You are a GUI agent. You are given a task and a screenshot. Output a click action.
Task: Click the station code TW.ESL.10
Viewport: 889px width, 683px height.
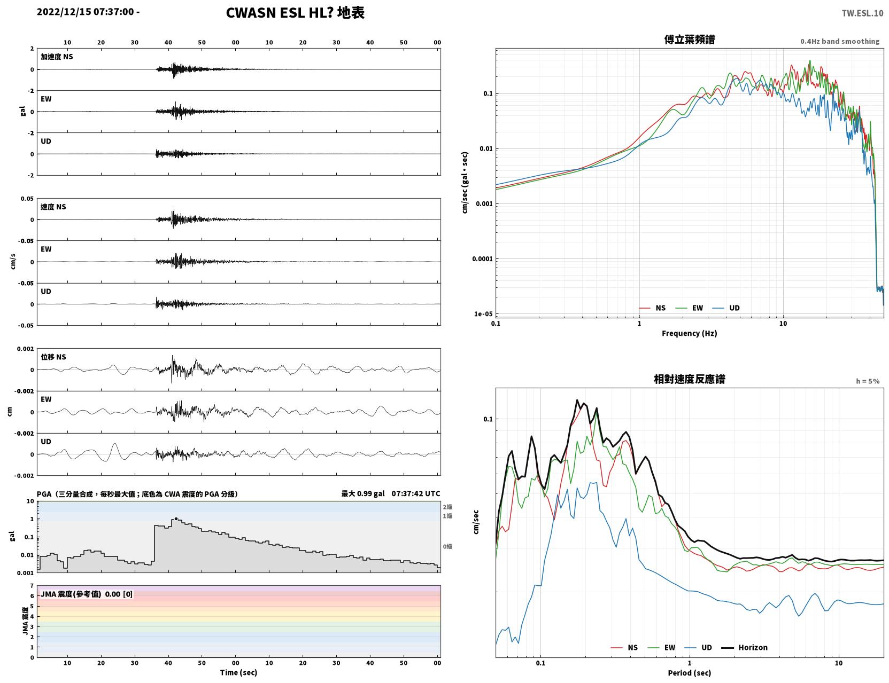(x=862, y=13)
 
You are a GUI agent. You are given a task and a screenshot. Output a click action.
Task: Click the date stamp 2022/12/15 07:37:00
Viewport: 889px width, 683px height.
(x=85, y=11)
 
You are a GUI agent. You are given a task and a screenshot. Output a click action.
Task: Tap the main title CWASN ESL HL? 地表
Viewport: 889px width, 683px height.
(x=295, y=13)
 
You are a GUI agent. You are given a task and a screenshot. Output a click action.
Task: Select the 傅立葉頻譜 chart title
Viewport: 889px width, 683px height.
(x=689, y=40)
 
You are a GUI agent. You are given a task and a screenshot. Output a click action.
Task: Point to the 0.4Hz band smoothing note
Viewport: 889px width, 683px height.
(x=839, y=41)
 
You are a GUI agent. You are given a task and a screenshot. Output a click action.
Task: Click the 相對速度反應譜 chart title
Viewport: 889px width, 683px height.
(x=689, y=379)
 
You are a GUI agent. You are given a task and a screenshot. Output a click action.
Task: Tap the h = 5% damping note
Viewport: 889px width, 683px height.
(x=867, y=381)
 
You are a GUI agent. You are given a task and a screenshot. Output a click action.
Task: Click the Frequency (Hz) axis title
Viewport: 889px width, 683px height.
(x=689, y=333)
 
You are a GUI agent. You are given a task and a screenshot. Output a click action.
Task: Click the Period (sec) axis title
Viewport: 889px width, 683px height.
(x=689, y=672)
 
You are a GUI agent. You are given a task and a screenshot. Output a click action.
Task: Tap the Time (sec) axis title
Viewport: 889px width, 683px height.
(x=238, y=672)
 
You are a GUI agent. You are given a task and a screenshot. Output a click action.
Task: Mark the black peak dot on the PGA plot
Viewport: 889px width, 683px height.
(x=176, y=519)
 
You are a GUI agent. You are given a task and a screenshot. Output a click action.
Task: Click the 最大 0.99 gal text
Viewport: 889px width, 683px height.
(x=363, y=493)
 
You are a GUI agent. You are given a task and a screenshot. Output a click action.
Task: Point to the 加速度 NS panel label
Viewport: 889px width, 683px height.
(x=57, y=57)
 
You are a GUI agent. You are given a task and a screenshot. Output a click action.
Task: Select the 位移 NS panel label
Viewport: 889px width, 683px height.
(x=53, y=357)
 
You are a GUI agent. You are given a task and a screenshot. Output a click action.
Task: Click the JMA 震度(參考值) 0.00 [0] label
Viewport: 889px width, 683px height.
(x=86, y=593)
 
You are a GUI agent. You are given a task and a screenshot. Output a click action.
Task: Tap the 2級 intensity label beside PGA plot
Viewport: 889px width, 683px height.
(x=447, y=507)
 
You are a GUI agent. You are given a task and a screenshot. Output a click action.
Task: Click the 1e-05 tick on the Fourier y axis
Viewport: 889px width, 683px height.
(x=483, y=313)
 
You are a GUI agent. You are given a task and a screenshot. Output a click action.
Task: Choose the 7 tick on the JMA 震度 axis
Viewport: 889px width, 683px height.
(x=32, y=586)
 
